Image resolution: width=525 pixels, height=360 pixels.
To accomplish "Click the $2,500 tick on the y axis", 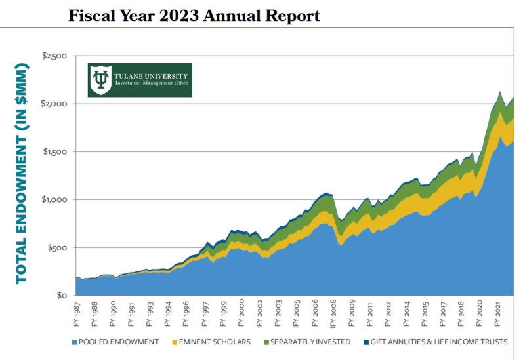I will tap(54, 56).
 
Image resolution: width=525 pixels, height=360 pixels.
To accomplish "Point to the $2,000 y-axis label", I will tap(54, 104).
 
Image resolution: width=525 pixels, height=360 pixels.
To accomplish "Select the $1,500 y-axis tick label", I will tap(54, 151).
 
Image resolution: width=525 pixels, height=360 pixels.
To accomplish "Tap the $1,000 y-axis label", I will tap(54, 199).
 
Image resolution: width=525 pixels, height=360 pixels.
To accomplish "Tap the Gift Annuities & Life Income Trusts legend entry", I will tap(437, 342).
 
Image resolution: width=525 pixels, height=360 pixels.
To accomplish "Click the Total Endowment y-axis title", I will tap(22, 173).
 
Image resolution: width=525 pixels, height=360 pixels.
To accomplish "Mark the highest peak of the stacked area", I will tap(501, 92).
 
